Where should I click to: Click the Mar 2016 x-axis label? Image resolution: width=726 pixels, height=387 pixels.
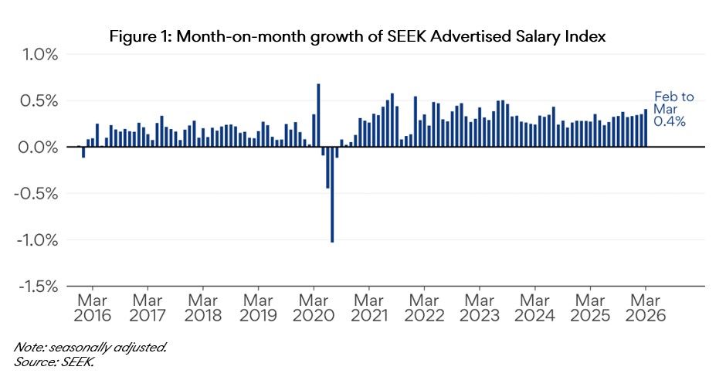pyautogui.click(x=92, y=308)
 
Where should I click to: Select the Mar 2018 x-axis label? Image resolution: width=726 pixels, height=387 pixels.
pyautogui.click(x=202, y=308)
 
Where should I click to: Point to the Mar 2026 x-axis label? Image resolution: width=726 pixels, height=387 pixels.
pyautogui.click(x=646, y=308)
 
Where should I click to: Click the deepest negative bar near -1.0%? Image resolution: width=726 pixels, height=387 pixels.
pyautogui.click(x=332, y=195)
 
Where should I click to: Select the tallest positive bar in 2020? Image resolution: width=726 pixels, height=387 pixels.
pyautogui.click(x=318, y=115)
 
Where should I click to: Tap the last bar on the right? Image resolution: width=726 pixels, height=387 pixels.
pyautogui.click(x=646, y=128)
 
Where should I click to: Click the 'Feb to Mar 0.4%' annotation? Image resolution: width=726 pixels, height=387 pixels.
pyautogui.click(x=673, y=109)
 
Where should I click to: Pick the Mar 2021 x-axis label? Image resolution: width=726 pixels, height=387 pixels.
pyautogui.click(x=369, y=308)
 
